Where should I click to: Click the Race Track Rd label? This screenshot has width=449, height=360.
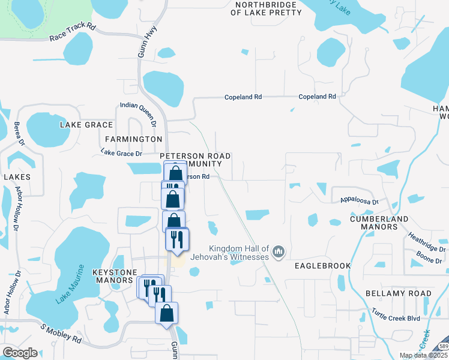(x=73, y=32)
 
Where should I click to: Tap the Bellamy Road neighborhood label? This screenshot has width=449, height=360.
(x=398, y=293)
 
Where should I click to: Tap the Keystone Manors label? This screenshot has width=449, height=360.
(x=116, y=276)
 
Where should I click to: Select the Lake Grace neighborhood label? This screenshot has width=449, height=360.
(x=86, y=125)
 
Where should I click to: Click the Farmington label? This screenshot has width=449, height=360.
(x=133, y=139)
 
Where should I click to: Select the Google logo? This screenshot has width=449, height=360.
(x=19, y=353)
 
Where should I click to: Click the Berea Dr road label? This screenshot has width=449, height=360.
(x=17, y=136)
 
